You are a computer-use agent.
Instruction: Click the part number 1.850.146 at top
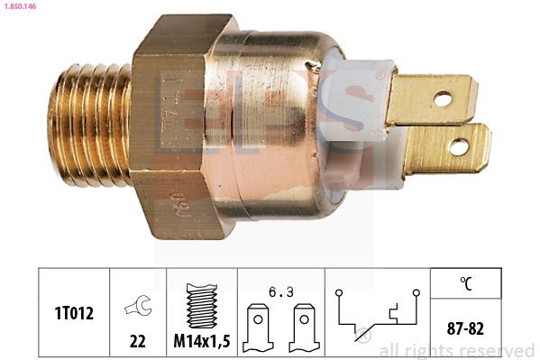pos(20,6)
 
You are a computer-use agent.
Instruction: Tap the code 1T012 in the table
pos(74,313)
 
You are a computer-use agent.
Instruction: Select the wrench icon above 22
pos(138,305)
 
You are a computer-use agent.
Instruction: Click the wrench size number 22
pos(137,341)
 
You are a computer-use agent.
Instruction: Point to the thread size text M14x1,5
pos(202,341)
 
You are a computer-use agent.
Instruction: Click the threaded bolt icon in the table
pos(202,306)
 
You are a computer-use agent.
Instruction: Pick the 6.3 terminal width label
pos(281,292)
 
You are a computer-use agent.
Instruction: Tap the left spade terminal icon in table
pos(258,328)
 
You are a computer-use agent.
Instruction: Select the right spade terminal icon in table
pos(304,328)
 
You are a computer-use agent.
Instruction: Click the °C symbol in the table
pos(466,283)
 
